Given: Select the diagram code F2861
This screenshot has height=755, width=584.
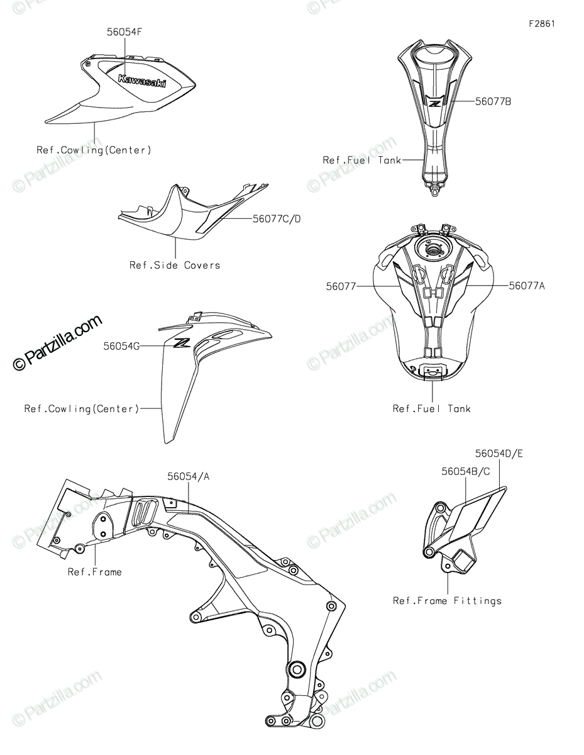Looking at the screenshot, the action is [x=542, y=24].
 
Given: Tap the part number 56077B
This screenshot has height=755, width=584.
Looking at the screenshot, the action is [x=493, y=101].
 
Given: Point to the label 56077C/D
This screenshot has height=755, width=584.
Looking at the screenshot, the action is [x=277, y=219].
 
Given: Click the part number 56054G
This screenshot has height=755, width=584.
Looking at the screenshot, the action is [x=122, y=345].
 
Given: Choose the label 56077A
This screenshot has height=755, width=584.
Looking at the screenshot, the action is [x=527, y=286].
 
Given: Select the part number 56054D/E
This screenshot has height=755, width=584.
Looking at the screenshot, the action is [x=499, y=453].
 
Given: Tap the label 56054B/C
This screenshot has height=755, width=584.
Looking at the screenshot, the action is [x=466, y=471].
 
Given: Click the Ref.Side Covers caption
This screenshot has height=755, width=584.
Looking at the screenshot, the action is [x=175, y=265].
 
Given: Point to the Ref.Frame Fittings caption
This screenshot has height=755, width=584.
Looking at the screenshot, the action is [x=447, y=601].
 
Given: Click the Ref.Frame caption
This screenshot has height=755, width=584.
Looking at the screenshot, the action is [x=95, y=572].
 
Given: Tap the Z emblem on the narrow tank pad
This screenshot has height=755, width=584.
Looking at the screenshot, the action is [x=434, y=101].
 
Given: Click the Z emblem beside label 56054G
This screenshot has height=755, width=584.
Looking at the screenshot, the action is [x=182, y=343].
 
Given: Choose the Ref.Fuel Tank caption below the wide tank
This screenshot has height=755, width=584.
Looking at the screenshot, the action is [x=431, y=409].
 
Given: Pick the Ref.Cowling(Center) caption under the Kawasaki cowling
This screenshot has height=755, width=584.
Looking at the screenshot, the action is [x=94, y=150].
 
